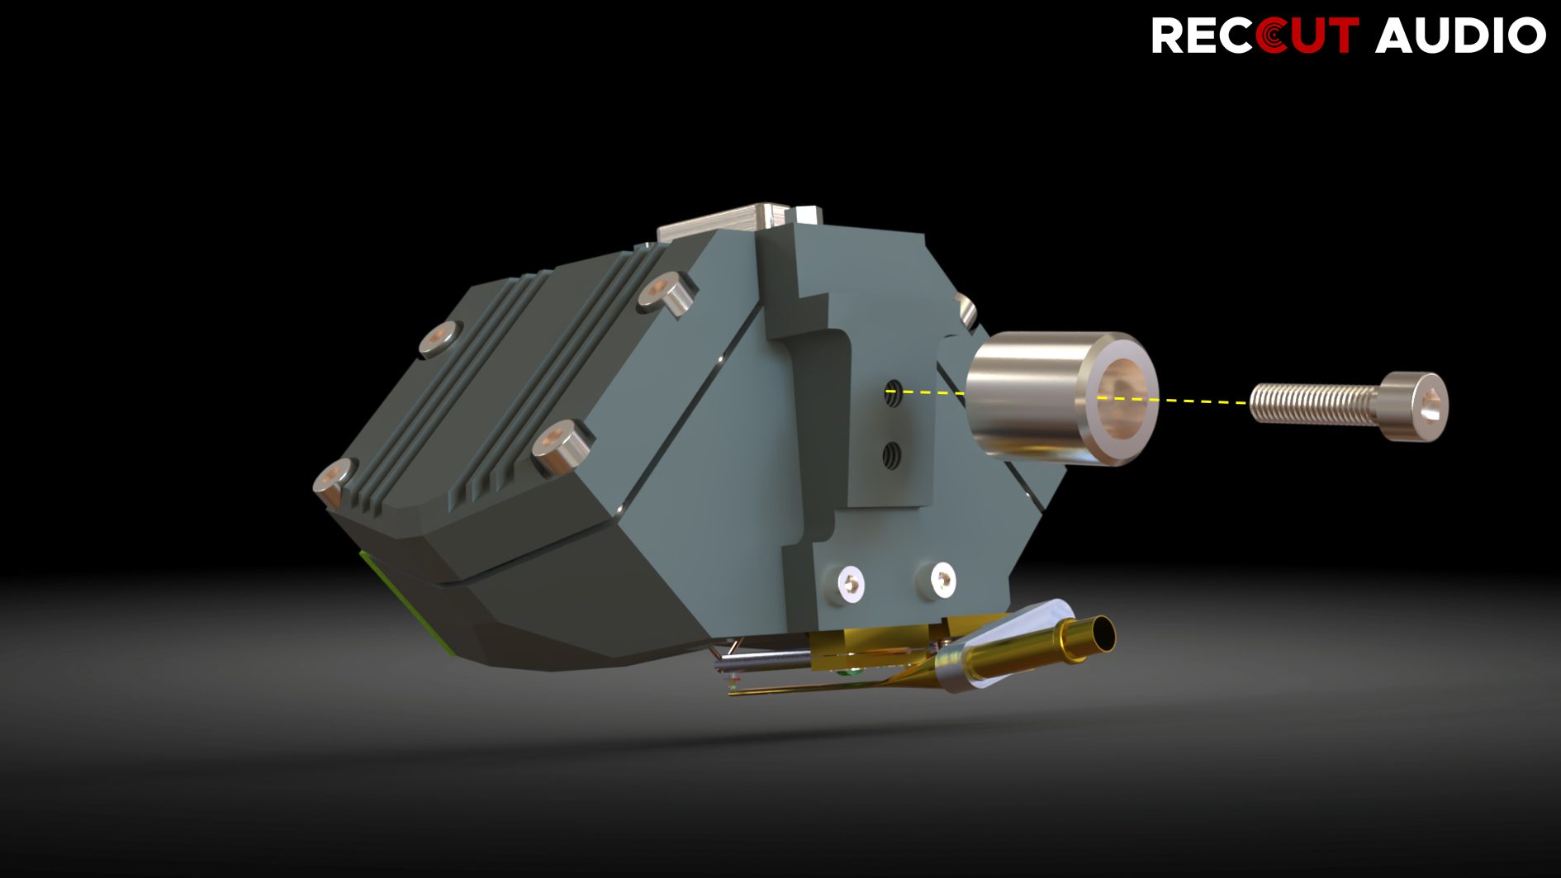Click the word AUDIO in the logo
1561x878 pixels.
pos(1460,36)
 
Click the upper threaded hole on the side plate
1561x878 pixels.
pos(893,392)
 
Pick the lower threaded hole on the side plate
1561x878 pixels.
pos(891,454)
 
